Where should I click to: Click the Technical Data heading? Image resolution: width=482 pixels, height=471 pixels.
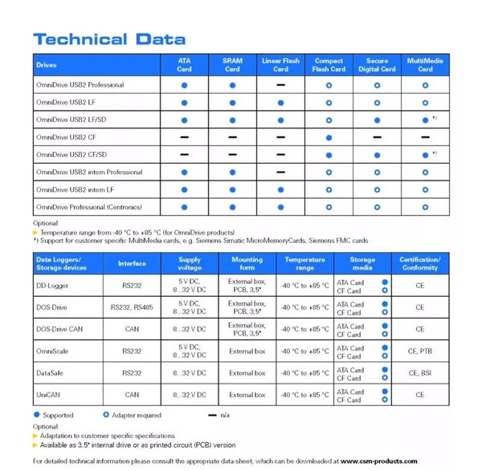[109, 39]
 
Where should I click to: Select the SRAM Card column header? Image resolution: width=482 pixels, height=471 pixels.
[232, 64]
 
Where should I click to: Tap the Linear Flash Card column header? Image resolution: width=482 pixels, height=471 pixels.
[280, 64]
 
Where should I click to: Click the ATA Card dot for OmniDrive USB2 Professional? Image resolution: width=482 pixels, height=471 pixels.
[184, 84]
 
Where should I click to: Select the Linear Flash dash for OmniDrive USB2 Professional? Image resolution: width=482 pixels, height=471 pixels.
[280, 84]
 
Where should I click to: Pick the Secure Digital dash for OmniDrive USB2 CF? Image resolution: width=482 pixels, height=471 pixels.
[377, 137]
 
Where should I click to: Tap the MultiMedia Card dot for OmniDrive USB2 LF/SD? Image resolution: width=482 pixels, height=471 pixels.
[425, 120]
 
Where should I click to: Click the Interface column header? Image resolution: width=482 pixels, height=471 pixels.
[132, 263]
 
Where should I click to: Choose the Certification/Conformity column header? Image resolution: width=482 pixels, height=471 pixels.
[419, 263]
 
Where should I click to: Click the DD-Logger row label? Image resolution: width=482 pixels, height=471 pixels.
[52, 286]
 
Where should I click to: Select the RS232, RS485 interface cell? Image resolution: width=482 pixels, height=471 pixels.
[132, 307]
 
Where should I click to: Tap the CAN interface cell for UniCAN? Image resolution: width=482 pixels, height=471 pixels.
[132, 395]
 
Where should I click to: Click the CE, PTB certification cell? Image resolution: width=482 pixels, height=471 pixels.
[419, 351]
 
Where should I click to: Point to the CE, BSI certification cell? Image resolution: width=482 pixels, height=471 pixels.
[419, 372]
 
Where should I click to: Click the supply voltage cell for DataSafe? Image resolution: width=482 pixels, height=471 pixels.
[190, 372]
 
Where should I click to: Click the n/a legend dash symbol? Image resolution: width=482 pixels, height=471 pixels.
[213, 416]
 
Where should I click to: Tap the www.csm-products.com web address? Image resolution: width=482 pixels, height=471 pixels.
[378, 461]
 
